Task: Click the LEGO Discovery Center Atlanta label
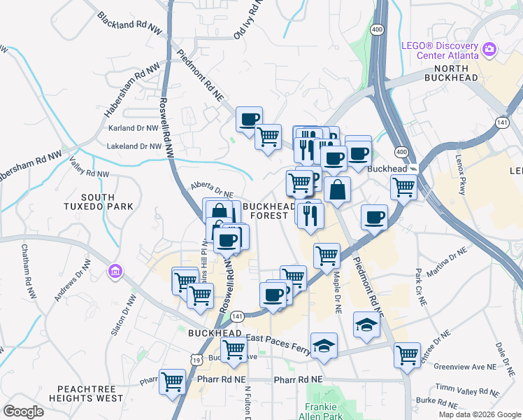(439, 50)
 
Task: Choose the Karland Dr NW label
(134, 128)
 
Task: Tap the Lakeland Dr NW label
(134, 146)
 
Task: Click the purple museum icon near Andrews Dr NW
(115, 271)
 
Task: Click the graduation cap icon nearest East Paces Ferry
(323, 346)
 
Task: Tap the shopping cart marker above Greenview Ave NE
(407, 354)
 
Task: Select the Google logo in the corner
(24, 411)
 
